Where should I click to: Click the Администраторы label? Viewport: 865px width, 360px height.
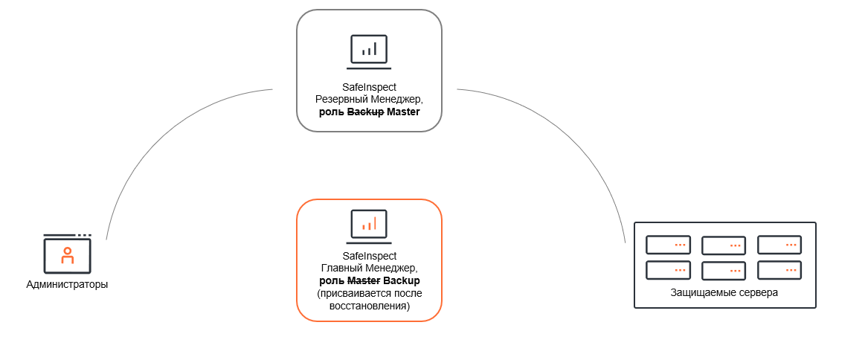point(67,284)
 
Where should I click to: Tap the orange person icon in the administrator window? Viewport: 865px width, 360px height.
point(68,255)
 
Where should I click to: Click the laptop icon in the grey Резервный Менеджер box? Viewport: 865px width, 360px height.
point(369,51)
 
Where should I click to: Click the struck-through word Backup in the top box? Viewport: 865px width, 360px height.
point(365,112)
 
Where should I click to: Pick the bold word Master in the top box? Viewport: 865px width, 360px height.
point(403,112)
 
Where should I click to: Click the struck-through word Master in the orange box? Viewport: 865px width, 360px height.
point(364,280)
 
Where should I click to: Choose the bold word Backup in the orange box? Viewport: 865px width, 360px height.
point(402,280)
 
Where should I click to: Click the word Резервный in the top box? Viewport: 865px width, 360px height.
point(339,100)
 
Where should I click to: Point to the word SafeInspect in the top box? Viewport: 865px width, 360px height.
point(369,87)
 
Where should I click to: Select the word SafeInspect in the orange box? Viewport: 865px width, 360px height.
point(369,255)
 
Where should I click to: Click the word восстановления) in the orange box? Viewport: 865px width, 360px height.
point(369,306)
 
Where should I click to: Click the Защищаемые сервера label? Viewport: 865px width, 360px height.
point(724,292)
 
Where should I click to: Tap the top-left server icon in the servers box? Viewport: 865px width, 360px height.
point(668,245)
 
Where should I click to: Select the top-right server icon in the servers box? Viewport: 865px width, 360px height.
point(779,245)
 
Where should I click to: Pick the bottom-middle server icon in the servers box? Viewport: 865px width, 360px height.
point(724,271)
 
